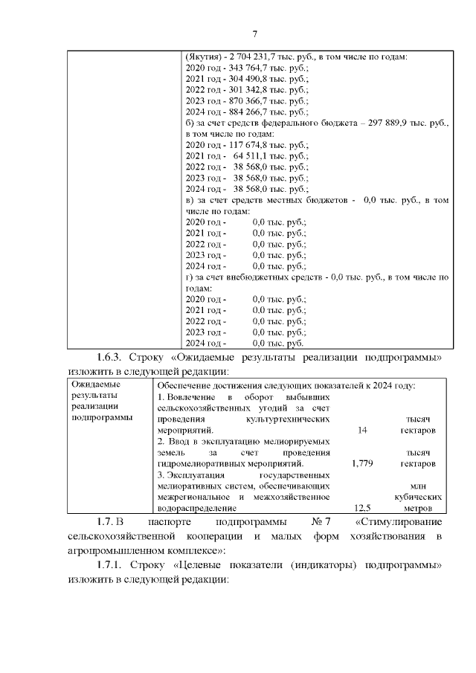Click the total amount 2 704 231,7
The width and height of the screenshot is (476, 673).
tap(250, 57)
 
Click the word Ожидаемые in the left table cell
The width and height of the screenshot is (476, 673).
tap(96, 384)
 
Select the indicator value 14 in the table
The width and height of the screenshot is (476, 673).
tap(362, 430)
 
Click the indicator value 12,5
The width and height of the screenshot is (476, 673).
tap(363, 508)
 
